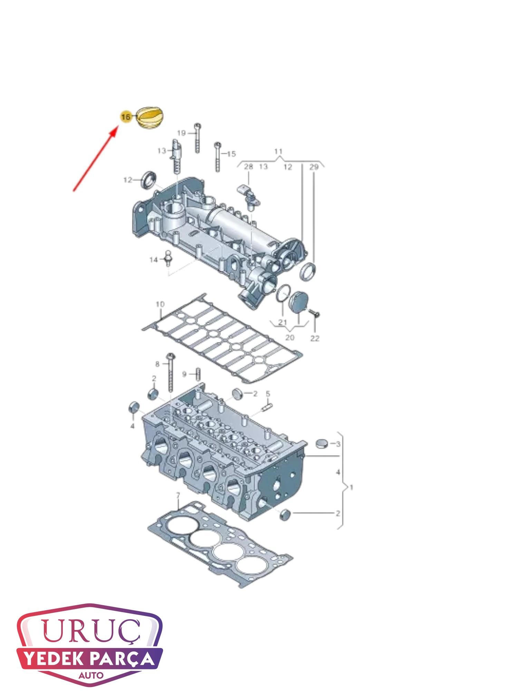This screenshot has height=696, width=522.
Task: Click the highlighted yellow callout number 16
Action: click(125, 117)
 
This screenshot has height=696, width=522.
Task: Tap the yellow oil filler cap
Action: click(151, 118)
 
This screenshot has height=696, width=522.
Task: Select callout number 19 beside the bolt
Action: click(181, 133)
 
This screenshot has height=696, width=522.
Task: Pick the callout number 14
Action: click(153, 259)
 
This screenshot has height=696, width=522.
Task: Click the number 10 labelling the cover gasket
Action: click(160, 304)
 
